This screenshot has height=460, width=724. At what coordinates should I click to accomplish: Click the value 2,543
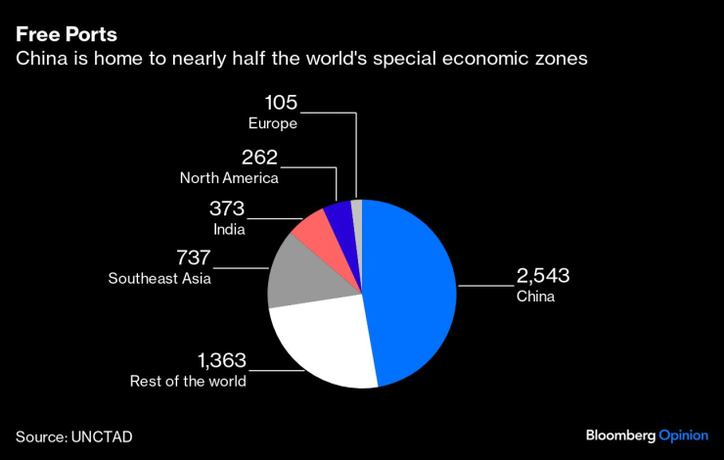pyautogui.click(x=543, y=276)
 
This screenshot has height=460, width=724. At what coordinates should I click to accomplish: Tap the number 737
pyautogui.click(x=194, y=258)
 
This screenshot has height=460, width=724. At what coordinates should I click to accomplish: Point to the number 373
pyautogui.click(x=227, y=208)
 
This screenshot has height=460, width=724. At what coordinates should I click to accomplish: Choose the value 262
pyautogui.click(x=260, y=158)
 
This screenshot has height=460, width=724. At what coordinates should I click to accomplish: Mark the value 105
pyautogui.click(x=280, y=103)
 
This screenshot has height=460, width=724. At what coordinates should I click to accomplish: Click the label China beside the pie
pyautogui.click(x=535, y=297)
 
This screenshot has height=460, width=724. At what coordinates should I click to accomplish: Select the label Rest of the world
pyautogui.click(x=188, y=381)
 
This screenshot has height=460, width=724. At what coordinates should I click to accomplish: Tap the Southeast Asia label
pyautogui.click(x=159, y=279)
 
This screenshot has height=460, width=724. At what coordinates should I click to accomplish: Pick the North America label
pyautogui.click(x=229, y=178)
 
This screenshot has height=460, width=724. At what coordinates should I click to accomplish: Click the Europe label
pyautogui.click(x=273, y=123)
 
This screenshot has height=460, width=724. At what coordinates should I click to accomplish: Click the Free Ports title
pyautogui.click(x=67, y=33)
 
